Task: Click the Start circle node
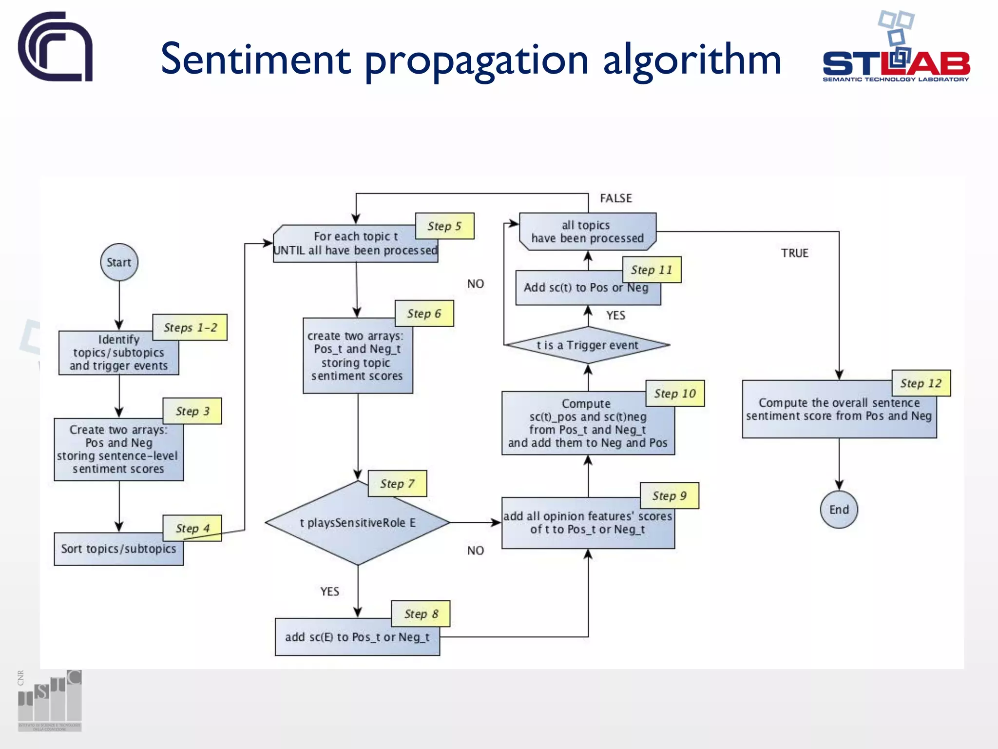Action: (119, 262)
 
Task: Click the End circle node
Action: (839, 510)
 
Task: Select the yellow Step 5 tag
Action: (444, 226)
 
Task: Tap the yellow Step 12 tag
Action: (921, 383)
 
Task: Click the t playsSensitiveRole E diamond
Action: (357, 523)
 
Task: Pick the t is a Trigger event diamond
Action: (587, 345)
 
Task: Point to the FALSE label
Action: (615, 198)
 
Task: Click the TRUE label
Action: (794, 253)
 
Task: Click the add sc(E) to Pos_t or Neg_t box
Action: (357, 638)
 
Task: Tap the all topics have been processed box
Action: (587, 232)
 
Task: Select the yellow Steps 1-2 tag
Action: (190, 328)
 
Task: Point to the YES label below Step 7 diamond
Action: (329, 591)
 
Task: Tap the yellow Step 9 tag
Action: (669, 496)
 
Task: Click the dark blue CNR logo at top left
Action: (56, 47)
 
